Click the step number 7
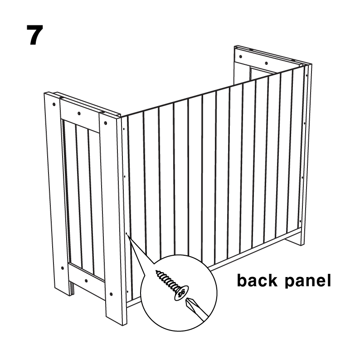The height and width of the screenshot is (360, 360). pos(35,35)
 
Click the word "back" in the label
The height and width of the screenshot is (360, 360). pos(257,280)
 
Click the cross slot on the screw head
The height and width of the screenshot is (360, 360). pos(181,294)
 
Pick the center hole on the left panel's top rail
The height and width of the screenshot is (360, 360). pos(79,113)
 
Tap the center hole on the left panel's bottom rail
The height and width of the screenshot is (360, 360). pos(86,281)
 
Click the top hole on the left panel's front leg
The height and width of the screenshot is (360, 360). pos(105,123)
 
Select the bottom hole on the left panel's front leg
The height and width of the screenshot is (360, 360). pos(111,294)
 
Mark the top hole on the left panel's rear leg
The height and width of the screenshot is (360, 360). pos(54,104)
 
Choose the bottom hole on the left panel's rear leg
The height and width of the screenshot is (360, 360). pos(62,268)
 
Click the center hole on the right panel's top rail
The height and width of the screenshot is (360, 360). pos(266,63)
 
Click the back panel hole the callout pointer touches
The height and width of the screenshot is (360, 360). pos(126,234)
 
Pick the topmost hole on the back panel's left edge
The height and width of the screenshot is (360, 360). pos(124,129)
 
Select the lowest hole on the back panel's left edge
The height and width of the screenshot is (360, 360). pos(127,292)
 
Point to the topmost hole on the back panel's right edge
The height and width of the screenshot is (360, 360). pos(306,75)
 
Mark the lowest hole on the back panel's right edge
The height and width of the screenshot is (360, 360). pos(300,221)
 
